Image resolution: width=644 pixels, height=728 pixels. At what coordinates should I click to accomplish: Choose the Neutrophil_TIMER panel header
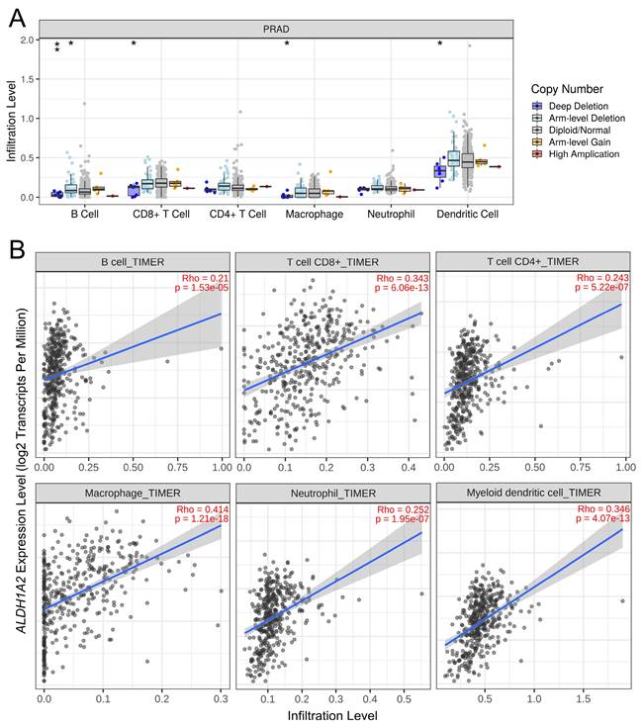coord(330,492)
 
